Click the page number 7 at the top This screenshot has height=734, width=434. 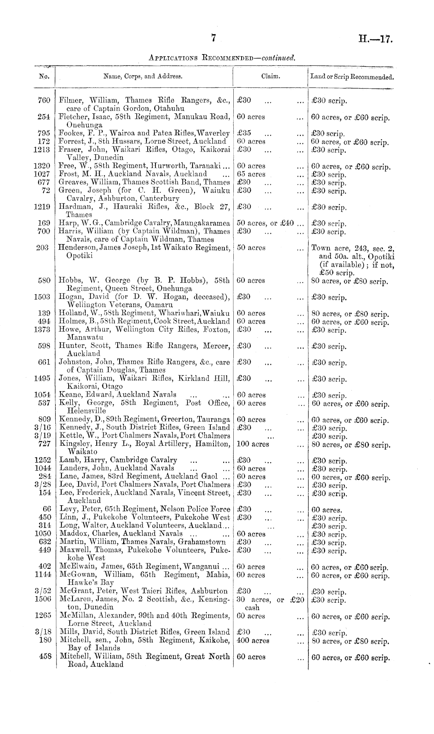coord(213,38)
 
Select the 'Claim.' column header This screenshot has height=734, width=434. coord(270,77)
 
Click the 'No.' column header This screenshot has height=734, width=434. coord(44,77)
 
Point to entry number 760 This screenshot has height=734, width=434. coord(44,101)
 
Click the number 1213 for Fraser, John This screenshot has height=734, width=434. coord(42,150)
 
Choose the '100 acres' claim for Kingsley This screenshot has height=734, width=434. coord(253,444)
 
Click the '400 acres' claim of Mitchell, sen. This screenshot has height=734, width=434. coord(253,640)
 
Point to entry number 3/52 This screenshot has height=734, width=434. coord(42,591)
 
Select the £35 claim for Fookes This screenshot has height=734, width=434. coord(244,133)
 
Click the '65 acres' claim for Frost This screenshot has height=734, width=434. coord(251,174)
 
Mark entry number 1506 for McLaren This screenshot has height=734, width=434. coord(42,599)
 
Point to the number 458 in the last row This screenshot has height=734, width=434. coord(45,657)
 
